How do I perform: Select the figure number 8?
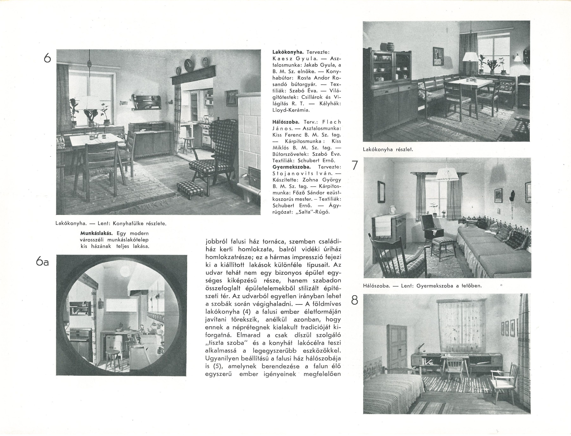click(354, 300)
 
